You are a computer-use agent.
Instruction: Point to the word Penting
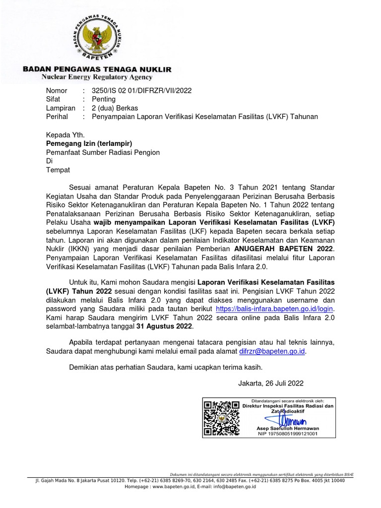point(103,99)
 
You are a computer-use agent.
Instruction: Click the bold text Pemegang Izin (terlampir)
point(89,143)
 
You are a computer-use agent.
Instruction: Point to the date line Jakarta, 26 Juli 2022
point(271,383)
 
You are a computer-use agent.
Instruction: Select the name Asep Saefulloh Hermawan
point(288,428)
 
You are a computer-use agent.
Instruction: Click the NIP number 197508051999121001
point(288,434)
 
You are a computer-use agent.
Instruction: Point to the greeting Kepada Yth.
point(65,134)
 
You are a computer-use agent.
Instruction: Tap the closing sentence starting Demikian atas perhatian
point(165,368)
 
